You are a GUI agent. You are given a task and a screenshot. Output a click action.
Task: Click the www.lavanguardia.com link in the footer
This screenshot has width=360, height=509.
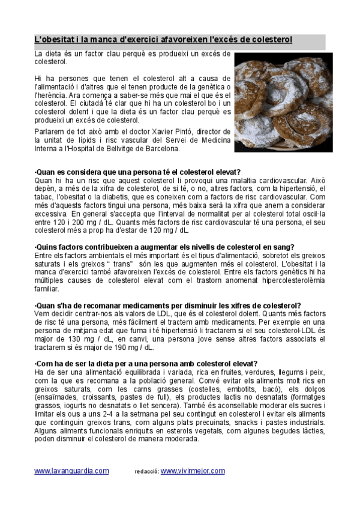coord(71,471)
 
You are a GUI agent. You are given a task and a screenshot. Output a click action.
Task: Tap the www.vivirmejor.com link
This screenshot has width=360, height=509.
coord(193,471)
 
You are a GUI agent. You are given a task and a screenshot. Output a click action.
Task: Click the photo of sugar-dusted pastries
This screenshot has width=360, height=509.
coord(283,102)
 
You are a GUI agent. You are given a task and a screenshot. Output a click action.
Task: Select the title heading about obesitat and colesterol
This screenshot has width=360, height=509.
coord(163,40)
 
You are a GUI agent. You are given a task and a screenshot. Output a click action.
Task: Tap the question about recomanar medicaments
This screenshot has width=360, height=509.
coord(169,305)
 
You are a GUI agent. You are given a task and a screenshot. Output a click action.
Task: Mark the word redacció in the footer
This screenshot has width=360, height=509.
coord(146,472)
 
